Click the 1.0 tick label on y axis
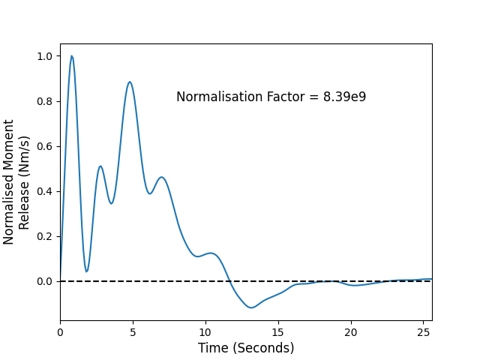click(x=45, y=56)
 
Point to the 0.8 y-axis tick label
click(x=45, y=101)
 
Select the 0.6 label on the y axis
click(x=45, y=146)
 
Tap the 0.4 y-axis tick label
click(x=45, y=192)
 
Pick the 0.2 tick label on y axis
click(x=45, y=237)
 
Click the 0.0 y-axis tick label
click(x=45, y=282)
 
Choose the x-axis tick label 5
click(x=133, y=332)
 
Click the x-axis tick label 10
click(x=205, y=332)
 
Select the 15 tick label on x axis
click(x=278, y=332)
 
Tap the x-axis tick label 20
click(x=351, y=332)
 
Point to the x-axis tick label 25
click(x=423, y=332)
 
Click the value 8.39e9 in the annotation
click(x=345, y=97)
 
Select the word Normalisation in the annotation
click(x=220, y=97)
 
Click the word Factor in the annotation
click(x=286, y=97)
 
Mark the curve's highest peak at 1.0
click(x=72, y=56)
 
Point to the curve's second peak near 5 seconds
click(x=130, y=82)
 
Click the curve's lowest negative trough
click(x=251, y=307)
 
